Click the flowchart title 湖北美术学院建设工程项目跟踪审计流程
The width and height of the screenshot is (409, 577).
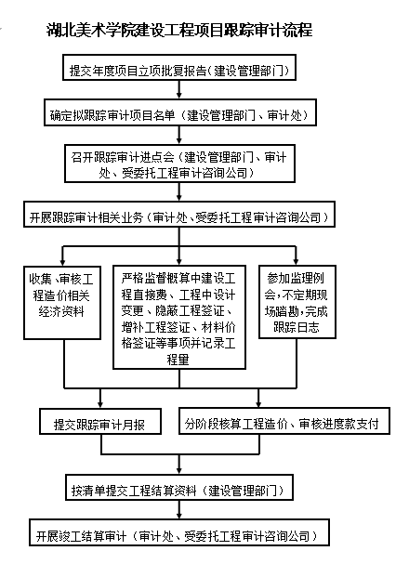179,30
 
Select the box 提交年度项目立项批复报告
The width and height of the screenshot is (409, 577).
179,67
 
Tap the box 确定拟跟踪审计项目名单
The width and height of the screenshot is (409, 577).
180,112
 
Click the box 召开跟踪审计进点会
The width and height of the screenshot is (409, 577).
180,163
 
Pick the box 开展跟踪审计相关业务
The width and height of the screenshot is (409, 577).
179,214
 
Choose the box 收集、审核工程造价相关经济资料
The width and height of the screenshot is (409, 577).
62,303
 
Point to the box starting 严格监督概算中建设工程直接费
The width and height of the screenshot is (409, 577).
179,317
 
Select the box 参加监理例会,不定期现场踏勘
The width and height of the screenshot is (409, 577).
297,302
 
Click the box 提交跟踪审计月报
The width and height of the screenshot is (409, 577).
100,421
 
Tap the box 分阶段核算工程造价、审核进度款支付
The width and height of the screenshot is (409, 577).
284,421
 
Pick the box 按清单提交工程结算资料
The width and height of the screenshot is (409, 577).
179,487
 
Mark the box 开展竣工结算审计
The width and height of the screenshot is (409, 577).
179,532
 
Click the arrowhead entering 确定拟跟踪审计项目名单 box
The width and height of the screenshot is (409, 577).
179,95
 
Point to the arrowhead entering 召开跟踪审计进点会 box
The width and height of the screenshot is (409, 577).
179,140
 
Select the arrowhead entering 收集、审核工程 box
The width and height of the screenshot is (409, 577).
62,262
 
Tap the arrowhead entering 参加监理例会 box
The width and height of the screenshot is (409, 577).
296,261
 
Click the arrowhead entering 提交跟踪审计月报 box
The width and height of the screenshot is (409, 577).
100,403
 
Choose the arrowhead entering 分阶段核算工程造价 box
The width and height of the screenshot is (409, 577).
258,403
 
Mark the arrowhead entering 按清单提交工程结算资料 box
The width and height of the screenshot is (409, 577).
179,470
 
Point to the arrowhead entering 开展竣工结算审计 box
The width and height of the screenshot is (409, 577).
179,515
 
